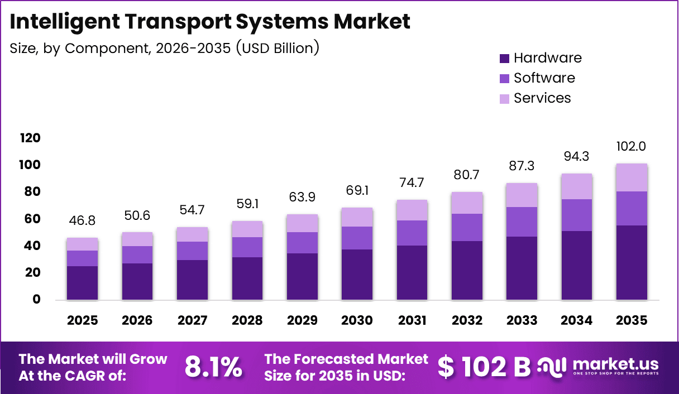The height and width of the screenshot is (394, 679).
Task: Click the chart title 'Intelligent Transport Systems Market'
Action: coord(210,22)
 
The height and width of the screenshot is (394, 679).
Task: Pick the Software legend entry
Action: coord(537,78)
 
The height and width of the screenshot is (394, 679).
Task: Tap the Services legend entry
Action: coord(535,98)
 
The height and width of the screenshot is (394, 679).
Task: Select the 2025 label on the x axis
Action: coord(82,320)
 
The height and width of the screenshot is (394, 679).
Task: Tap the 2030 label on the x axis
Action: coord(357,320)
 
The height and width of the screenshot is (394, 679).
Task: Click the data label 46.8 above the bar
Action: coord(82,220)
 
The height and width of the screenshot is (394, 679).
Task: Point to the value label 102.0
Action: coord(632,146)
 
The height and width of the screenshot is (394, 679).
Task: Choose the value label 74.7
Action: coord(412,182)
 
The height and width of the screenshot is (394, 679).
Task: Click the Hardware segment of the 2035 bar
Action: coord(632,262)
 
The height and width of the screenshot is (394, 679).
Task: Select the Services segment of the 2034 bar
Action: coord(577,186)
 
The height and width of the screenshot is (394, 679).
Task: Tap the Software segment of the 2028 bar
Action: coord(247,247)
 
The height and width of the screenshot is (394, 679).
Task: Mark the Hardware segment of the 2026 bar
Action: coord(137,282)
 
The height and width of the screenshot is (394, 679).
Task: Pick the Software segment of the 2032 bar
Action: coord(467,227)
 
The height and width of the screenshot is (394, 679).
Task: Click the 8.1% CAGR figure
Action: coord(213,367)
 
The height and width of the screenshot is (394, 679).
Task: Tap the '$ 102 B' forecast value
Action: coord(484,367)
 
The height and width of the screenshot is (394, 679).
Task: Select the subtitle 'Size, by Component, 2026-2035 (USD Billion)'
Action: coord(164,48)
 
